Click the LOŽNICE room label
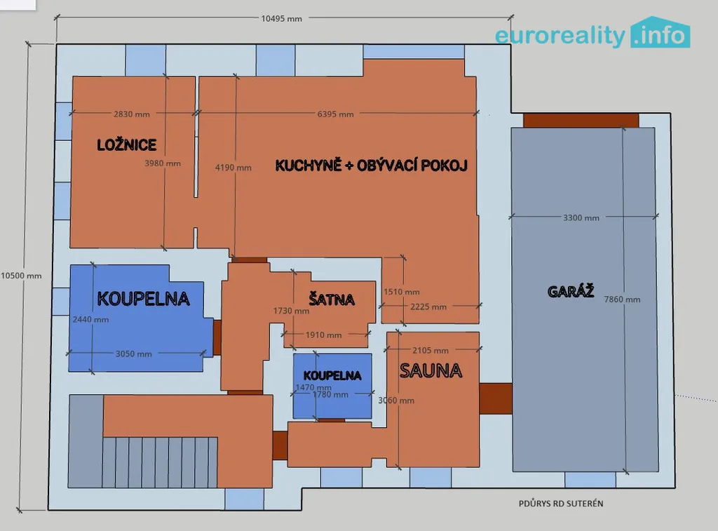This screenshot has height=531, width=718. click(x=127, y=144)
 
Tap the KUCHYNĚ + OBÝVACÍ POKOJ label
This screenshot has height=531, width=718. click(x=372, y=165)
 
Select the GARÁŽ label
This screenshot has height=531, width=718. click(x=571, y=291)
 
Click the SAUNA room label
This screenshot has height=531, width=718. click(x=431, y=370)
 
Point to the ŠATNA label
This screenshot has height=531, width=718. click(x=332, y=300)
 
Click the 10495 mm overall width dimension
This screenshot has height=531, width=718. click(x=282, y=19)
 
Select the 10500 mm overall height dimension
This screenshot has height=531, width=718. click(x=21, y=276)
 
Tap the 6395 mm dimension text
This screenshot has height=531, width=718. click(x=336, y=114)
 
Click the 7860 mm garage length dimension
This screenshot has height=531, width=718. click(x=623, y=300)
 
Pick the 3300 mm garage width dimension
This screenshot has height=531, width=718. click(x=581, y=218)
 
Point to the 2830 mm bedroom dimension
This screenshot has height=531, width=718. click(x=132, y=114)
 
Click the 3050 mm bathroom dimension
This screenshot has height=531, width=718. click(x=134, y=354)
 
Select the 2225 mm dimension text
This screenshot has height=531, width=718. click(x=428, y=307)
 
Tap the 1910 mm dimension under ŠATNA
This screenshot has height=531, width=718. click(x=324, y=335)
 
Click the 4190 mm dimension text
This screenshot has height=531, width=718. click(x=233, y=168)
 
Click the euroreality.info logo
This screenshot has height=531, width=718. click(x=592, y=33)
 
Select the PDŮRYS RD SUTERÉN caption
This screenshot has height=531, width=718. click(x=561, y=504)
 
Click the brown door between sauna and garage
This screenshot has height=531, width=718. click(x=496, y=398)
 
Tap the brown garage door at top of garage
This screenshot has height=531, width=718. click(x=581, y=121)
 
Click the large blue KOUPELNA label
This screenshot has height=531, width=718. click(x=143, y=299)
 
